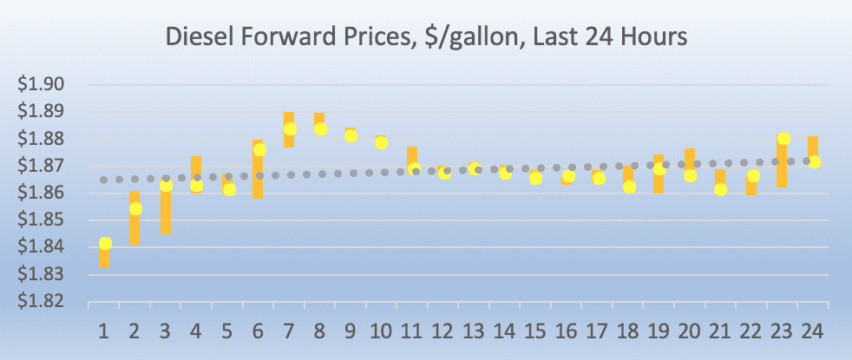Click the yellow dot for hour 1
105,244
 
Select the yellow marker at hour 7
290,128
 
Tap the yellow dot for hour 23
783,139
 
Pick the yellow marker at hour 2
135,208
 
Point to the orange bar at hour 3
166,213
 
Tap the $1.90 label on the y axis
42,84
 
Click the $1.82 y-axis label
42,302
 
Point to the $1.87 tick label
42,166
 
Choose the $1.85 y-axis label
42,220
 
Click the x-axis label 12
444,331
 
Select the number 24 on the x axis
813,331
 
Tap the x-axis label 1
104,331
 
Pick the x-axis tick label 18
628,331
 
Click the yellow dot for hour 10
382,142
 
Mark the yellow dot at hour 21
721,189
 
